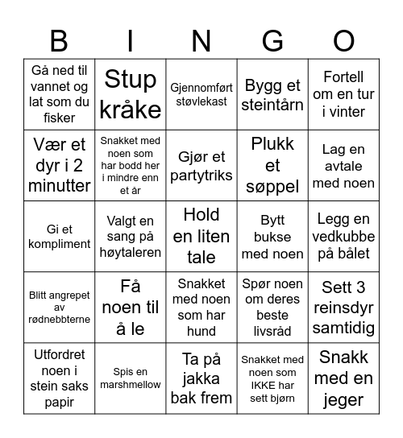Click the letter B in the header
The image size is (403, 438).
(59, 40)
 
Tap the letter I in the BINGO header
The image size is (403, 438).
(131, 40)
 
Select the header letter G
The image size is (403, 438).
(272, 40)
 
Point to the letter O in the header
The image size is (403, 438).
(343, 40)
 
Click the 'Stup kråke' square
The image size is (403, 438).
(131, 94)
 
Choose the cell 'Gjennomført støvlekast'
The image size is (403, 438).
(201, 94)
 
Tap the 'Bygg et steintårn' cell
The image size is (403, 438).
(272, 94)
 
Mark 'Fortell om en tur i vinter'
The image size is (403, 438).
(343, 94)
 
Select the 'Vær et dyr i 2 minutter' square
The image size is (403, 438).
(60, 165)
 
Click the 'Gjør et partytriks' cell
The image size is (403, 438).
(201, 165)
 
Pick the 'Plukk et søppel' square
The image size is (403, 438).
(272, 165)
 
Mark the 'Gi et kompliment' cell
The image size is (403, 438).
(60, 236)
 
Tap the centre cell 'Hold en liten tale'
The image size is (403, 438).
(201, 236)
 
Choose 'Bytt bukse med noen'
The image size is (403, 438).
(272, 236)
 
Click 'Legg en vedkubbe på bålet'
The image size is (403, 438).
(343, 236)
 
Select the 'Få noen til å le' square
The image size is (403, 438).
(131, 307)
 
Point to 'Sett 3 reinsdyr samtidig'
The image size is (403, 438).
(343, 307)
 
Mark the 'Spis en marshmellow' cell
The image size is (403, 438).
(131, 378)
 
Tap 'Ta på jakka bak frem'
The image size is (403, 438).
(201, 378)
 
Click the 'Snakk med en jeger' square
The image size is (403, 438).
(343, 378)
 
